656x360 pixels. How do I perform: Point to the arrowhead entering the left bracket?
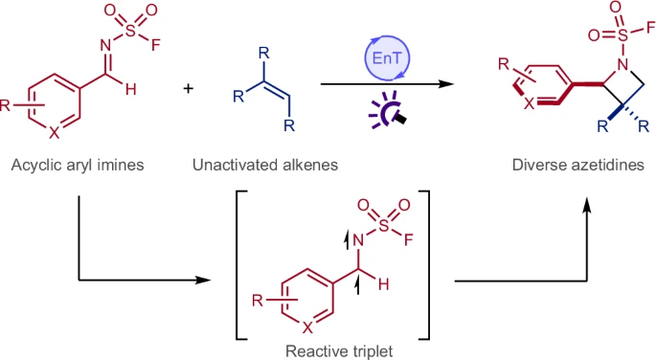click(204, 281)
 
